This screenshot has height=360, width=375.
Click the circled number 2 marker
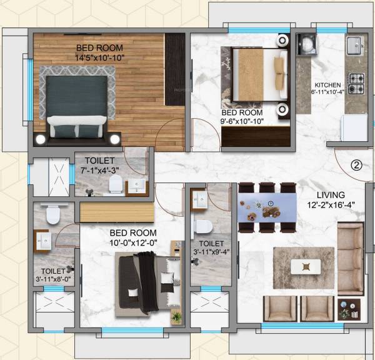[x=356, y=166]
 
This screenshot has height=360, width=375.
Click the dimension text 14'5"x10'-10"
[x=100, y=57]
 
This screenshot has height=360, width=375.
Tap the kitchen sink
[x=354, y=44]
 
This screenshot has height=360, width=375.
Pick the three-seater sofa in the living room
[x=350, y=257]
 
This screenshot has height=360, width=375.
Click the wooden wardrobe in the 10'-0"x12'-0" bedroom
[x=117, y=211]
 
